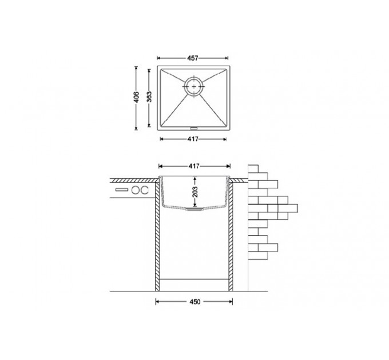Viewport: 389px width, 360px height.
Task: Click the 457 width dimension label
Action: point(193,58)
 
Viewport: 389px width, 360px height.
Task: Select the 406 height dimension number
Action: point(137,97)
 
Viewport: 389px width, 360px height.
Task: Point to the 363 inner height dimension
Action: point(149,97)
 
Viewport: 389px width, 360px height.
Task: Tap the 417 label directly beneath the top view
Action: point(193,139)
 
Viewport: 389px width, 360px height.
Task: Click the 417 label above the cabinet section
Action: point(194,166)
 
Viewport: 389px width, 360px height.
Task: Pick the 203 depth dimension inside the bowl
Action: point(195,191)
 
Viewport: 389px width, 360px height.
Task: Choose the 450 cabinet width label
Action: point(194,302)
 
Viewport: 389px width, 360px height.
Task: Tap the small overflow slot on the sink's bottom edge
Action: point(193,129)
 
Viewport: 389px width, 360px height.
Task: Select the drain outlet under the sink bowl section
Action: point(194,209)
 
